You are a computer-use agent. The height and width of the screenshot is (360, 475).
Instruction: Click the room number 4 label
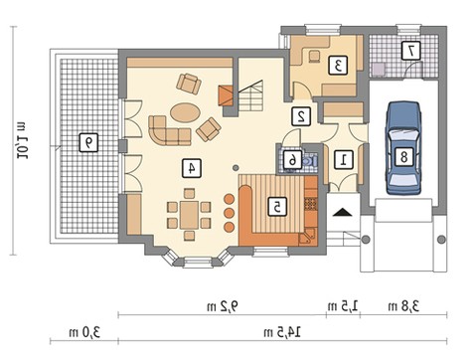[x=192, y=168]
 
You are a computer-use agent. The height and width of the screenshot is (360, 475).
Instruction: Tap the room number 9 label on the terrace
[x=88, y=142]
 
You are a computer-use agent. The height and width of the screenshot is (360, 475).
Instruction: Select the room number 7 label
[x=411, y=51]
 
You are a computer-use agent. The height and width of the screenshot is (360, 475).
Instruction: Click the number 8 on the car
[x=403, y=156]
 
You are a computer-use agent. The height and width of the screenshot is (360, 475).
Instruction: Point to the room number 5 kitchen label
[x=277, y=207]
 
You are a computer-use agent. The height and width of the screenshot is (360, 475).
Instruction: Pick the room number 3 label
[x=338, y=65]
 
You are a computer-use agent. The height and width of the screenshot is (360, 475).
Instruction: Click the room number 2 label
[x=301, y=116]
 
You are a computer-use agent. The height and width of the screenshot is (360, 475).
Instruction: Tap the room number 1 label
[x=344, y=160]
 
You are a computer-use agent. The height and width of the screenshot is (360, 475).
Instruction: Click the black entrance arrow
[x=343, y=212]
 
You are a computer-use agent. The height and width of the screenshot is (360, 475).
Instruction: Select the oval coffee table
[x=185, y=112]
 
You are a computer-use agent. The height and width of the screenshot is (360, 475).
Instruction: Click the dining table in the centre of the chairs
[x=189, y=215]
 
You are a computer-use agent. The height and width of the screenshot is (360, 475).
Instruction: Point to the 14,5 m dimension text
[x=282, y=332]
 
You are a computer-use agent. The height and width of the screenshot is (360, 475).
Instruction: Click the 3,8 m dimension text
[x=403, y=306]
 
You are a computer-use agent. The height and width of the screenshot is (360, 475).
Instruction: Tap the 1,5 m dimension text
[x=343, y=306]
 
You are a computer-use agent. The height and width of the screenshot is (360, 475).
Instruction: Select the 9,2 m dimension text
[x=223, y=306]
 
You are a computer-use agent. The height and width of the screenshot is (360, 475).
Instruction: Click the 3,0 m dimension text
[x=84, y=332]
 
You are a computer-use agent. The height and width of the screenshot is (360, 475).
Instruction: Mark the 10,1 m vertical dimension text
[x=22, y=140]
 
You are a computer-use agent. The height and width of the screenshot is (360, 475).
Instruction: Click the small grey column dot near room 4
[x=236, y=168]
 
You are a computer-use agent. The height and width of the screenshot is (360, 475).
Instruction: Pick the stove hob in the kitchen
[x=311, y=204]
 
